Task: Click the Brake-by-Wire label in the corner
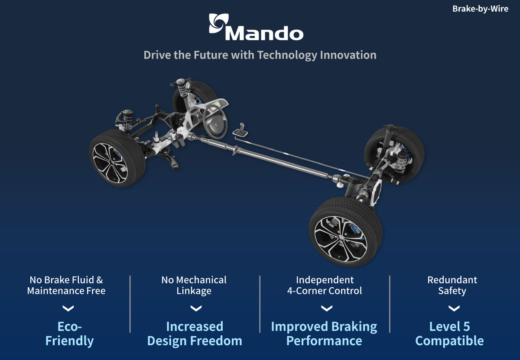[x=480, y=9]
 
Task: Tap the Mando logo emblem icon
[x=219, y=23]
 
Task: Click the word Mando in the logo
[x=264, y=33]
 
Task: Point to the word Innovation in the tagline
[x=348, y=55]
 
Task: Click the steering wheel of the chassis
[x=215, y=121]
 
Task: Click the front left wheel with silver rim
[x=117, y=158]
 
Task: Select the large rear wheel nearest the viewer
[x=345, y=232]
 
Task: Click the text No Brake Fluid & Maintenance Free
[x=66, y=285]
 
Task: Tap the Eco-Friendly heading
[x=69, y=334]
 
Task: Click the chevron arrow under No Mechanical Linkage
[x=196, y=308]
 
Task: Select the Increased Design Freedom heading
[x=195, y=334]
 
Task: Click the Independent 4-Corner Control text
[x=325, y=285]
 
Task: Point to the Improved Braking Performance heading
[x=324, y=334]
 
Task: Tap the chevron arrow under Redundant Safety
[x=454, y=308]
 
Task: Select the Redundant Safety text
[x=452, y=285]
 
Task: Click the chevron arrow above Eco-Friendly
[x=68, y=308]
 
